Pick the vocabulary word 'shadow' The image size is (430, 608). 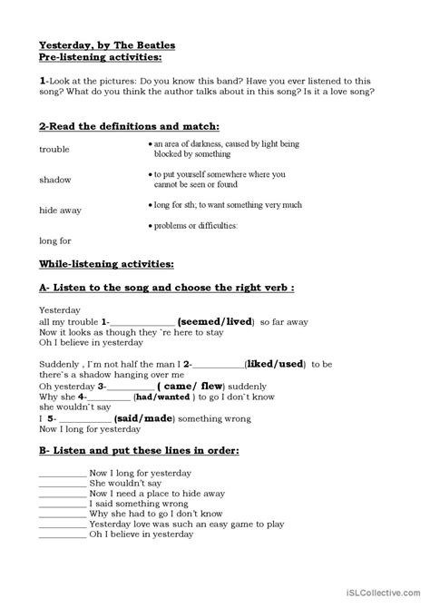(x=55, y=179)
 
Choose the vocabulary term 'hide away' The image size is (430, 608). (x=61, y=210)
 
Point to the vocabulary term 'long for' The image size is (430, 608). (x=55, y=240)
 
